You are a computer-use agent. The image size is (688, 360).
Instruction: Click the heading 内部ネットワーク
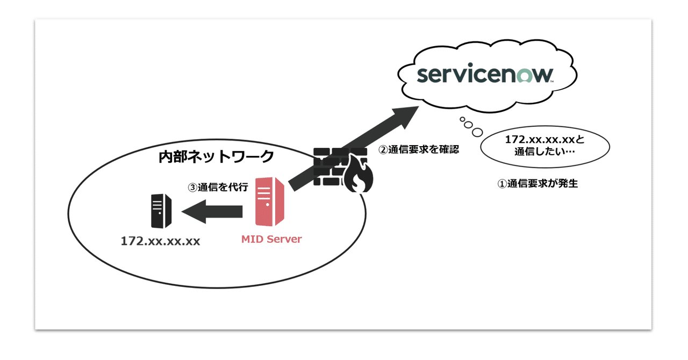point(216,157)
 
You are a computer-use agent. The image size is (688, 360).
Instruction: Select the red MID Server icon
point(271,201)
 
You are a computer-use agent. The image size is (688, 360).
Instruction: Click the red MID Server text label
point(271,239)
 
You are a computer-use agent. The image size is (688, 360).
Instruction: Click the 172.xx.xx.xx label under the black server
point(160,241)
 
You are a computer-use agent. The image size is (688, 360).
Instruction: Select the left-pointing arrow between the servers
point(212,211)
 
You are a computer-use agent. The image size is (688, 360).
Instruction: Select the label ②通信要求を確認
point(419,150)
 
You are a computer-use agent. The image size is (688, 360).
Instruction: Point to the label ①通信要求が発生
point(537,183)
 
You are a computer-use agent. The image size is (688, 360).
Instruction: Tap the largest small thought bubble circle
point(477,132)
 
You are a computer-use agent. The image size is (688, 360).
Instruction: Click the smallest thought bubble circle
point(462,120)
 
